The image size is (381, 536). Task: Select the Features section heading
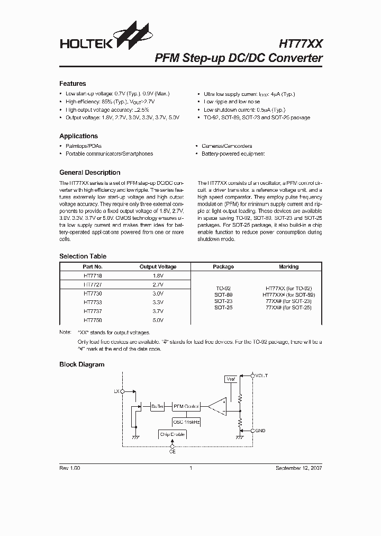coord(72,84)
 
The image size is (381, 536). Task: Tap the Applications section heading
coord(78,136)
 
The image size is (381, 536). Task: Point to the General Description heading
coord(89,173)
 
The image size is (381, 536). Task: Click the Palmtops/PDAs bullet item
coord(84,146)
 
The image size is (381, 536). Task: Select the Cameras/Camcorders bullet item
coord(226,146)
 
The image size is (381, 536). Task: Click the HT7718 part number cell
coord(93,276)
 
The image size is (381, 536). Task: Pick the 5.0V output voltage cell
coord(158,320)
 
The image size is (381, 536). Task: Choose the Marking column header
coord(288,267)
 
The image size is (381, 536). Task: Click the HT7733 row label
coord(93,302)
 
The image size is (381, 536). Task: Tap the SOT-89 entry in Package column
coord(223,294)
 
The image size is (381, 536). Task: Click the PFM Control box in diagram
coord(186,406)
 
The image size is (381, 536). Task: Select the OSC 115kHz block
coord(186,422)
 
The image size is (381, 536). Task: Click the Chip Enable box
coord(173,434)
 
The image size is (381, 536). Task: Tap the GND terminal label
coord(260,431)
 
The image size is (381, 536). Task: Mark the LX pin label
coord(116,391)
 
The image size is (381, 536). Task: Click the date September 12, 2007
coord(298,468)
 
